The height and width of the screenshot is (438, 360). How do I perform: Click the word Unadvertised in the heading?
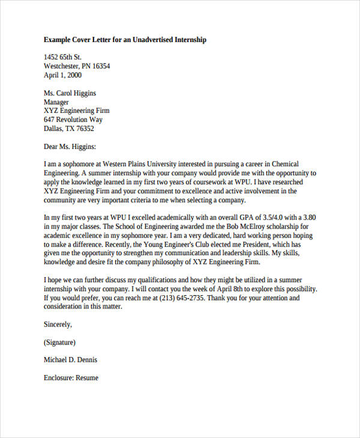coord(145,40)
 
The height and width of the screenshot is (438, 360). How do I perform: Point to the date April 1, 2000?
coord(63,76)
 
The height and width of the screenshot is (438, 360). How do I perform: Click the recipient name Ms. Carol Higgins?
coord(70,93)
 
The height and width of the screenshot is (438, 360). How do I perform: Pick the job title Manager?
coord(58,102)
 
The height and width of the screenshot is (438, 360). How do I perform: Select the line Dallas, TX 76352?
coord(69,128)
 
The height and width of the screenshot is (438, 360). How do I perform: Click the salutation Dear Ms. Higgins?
coord(70,146)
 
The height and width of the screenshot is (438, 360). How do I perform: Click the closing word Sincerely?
coord(58,324)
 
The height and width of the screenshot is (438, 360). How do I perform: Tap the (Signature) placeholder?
coord(59,342)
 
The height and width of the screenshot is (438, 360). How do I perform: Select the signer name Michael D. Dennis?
coord(70,360)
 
